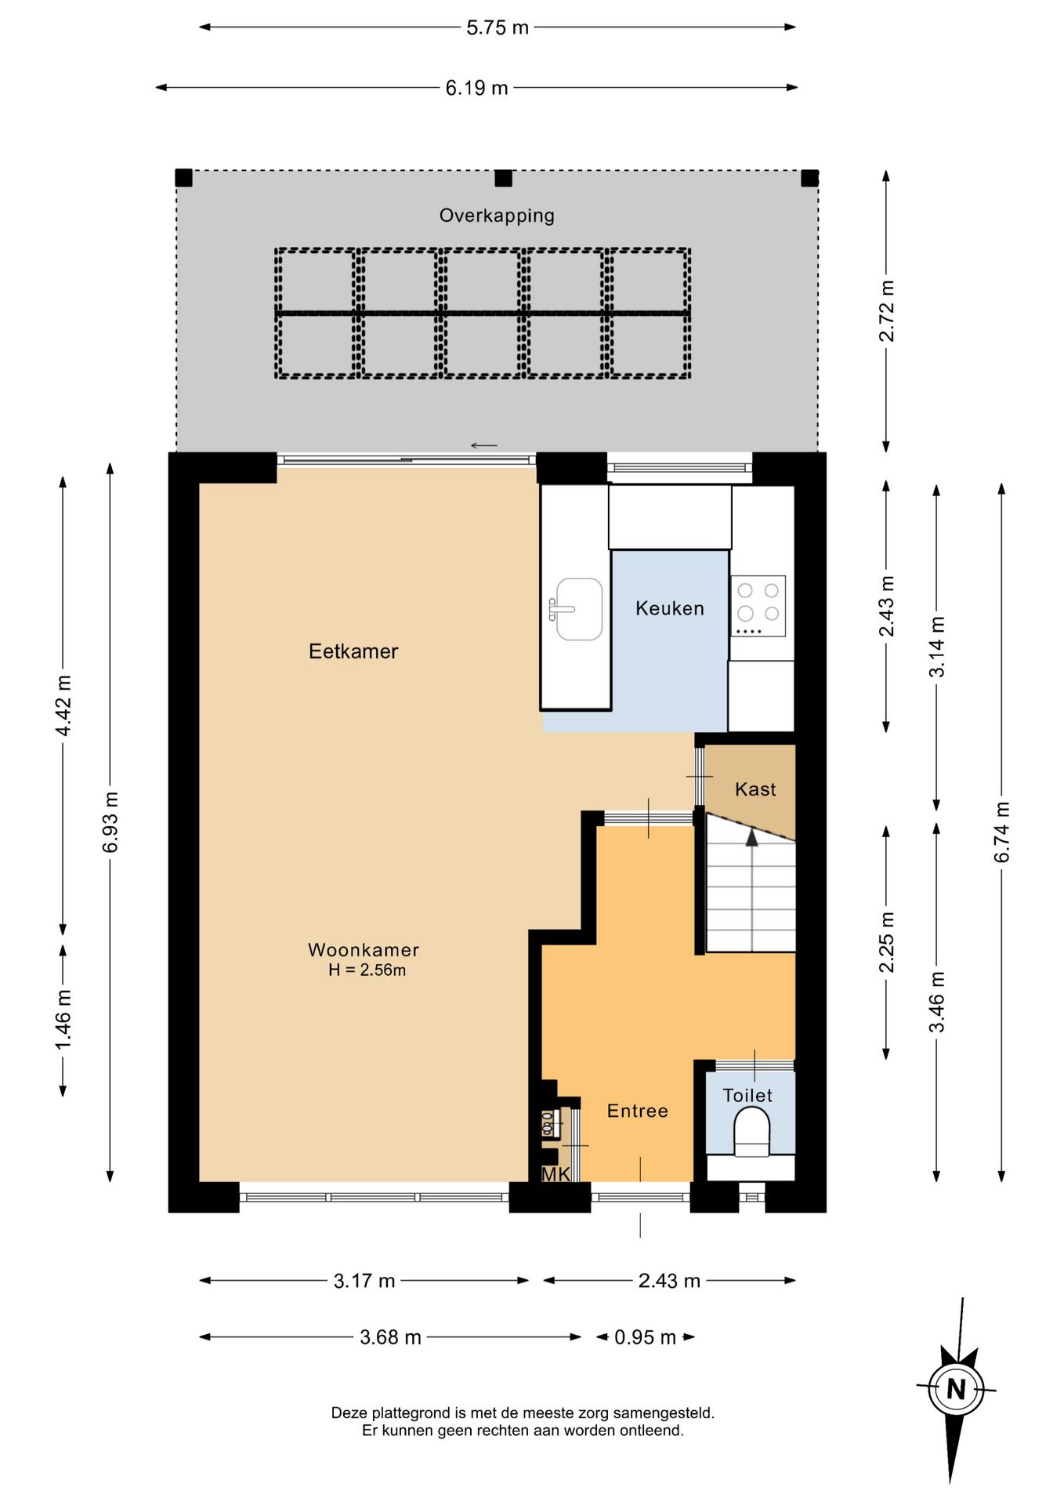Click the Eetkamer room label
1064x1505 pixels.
click(353, 651)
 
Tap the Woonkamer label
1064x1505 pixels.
click(364, 950)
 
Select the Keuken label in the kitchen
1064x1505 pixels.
click(670, 608)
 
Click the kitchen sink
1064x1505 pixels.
click(577, 609)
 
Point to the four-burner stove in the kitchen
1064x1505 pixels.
click(758, 606)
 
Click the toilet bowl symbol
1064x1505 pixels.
click(751, 1131)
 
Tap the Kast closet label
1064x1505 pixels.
click(755, 789)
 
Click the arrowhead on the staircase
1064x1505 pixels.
click(752, 837)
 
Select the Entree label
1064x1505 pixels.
click(638, 1111)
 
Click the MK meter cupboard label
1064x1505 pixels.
click(556, 1174)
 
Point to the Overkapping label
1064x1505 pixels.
click(497, 216)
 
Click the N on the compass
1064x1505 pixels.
click(956, 1390)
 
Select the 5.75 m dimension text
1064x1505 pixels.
click(498, 27)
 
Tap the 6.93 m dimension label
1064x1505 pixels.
click(110, 822)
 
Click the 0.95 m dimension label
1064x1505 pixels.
click(645, 1337)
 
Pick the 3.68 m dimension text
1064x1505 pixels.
click(390, 1337)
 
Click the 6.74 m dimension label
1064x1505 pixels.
click(1002, 832)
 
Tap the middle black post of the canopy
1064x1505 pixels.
click(504, 178)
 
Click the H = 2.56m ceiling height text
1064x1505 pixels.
click(367, 970)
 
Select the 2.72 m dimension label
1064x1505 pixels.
click(886, 311)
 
